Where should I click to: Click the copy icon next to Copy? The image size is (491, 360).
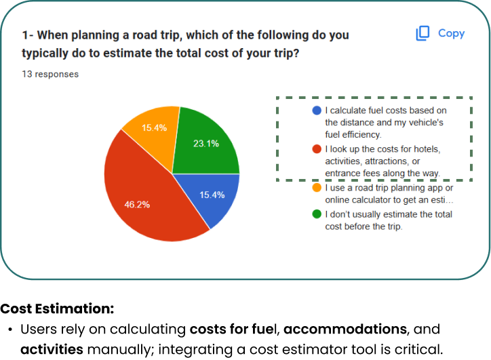pyautogui.click(x=423, y=33)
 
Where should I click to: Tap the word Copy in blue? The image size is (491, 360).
pyautogui.click(x=451, y=33)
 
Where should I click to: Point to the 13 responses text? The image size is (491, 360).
pyautogui.click(x=50, y=74)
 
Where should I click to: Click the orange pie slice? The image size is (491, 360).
pyautogui.click(x=153, y=132)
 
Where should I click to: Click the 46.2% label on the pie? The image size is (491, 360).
pyautogui.click(x=137, y=205)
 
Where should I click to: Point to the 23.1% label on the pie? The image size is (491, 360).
pyautogui.click(x=206, y=144)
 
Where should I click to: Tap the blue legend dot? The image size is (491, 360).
pyautogui.click(x=317, y=111)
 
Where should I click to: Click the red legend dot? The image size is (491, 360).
pyautogui.click(x=317, y=149)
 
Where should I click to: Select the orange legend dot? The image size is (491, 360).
pyautogui.click(x=317, y=188)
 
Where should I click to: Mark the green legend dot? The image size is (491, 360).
pyautogui.click(x=317, y=214)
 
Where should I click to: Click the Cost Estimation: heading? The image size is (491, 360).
pyautogui.click(x=57, y=308)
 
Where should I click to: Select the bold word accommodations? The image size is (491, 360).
pyautogui.click(x=345, y=329)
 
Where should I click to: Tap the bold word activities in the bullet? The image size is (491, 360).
pyautogui.click(x=52, y=349)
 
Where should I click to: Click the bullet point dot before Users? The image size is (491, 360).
pyautogui.click(x=11, y=330)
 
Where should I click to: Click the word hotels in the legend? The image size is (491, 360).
pyautogui.click(x=427, y=149)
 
